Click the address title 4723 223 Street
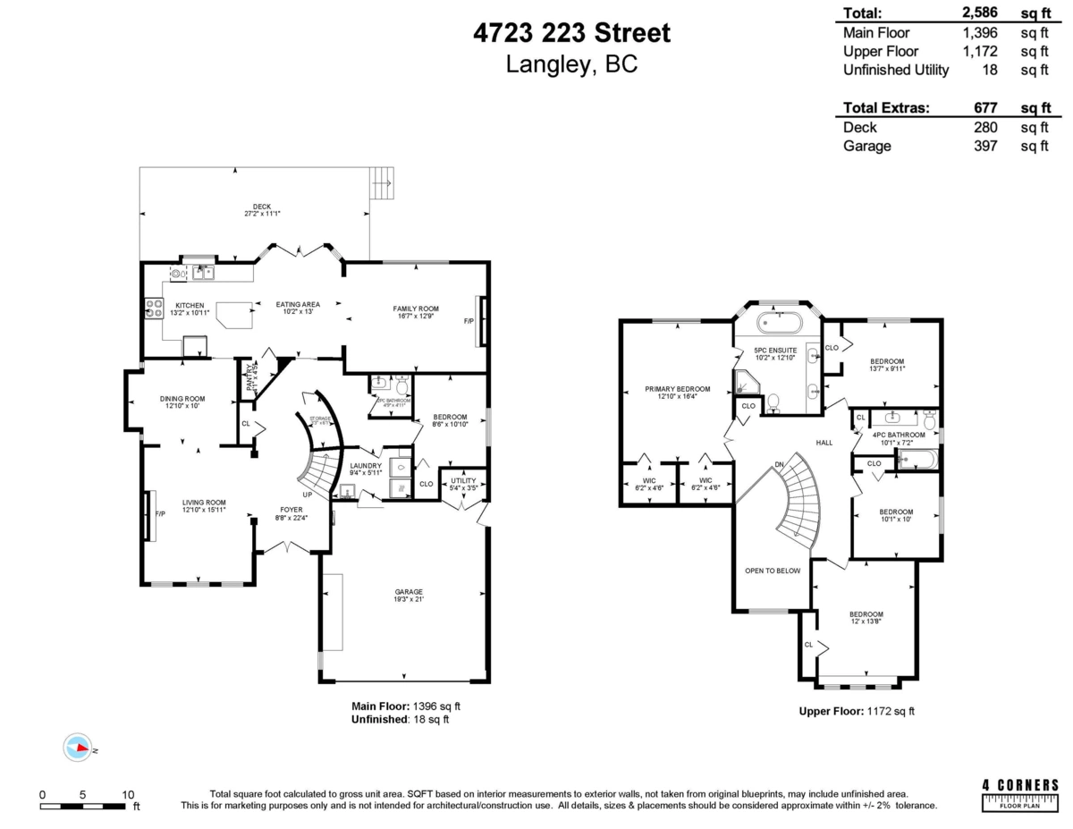(x=571, y=34)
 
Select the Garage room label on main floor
(x=409, y=596)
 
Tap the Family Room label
(x=413, y=312)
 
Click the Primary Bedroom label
(x=678, y=393)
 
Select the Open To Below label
(x=773, y=571)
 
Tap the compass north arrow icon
(x=78, y=748)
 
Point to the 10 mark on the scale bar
(x=129, y=794)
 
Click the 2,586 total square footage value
(x=978, y=13)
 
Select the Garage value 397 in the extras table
(x=984, y=146)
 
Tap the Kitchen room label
(x=190, y=309)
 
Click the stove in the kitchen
(x=153, y=309)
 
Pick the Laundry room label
(x=366, y=469)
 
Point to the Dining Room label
(x=182, y=402)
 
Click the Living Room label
(x=204, y=506)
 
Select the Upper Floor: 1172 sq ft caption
(x=856, y=712)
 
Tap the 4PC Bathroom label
(x=899, y=438)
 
